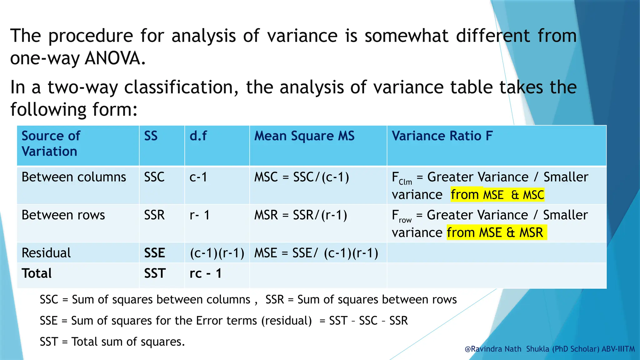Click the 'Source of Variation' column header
point(51,143)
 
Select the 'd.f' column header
point(198,136)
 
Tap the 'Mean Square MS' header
point(304,136)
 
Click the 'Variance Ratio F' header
point(442,136)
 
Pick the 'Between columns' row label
point(74,177)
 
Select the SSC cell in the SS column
point(154,177)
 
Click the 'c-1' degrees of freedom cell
point(198,177)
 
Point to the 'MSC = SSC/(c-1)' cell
point(302,177)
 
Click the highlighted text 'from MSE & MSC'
point(497,195)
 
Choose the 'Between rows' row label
point(63,215)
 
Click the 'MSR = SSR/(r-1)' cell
point(301,215)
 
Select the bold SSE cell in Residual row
point(154,253)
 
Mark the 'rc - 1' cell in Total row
point(205,273)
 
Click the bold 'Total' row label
point(37,273)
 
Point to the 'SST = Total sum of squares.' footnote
point(112,342)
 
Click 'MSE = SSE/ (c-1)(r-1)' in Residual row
point(316,253)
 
